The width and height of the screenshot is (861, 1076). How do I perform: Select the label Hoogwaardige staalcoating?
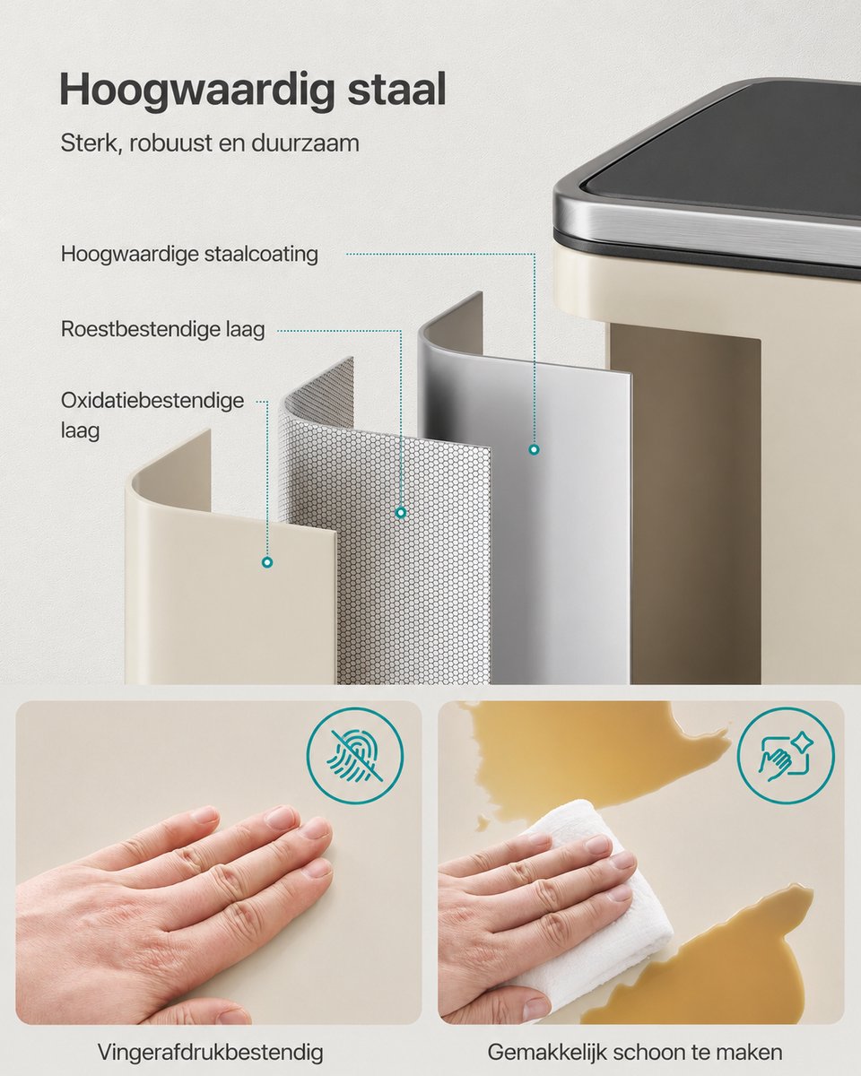click(189, 255)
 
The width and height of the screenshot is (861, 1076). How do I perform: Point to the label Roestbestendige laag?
click(162, 330)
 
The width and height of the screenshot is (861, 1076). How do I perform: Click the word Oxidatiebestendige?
click(152, 401)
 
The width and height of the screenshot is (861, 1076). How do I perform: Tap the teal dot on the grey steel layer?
click(534, 449)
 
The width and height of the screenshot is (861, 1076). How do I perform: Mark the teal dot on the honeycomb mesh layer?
click(400, 513)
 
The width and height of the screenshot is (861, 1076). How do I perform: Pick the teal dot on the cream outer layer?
click(267, 562)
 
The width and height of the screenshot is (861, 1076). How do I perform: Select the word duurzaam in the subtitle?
click(305, 143)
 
